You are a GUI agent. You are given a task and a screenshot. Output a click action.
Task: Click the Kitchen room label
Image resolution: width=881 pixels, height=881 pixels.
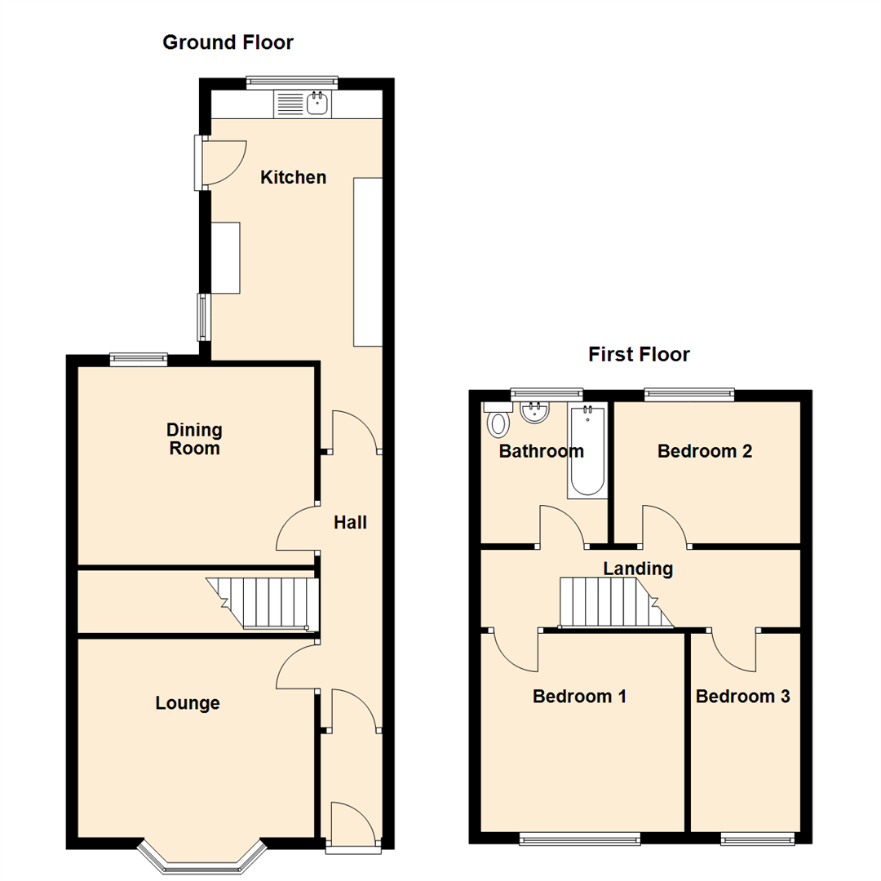[293, 177]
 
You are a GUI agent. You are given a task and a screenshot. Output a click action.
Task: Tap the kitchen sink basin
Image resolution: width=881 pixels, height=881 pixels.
[317, 104]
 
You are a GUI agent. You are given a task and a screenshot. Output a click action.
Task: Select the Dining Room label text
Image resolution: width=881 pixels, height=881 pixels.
[194, 438]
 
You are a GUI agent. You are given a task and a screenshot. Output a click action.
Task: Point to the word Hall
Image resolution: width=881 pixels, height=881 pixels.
[350, 522]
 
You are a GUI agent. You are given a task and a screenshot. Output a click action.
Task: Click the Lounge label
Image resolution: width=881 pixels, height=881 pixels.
[188, 702]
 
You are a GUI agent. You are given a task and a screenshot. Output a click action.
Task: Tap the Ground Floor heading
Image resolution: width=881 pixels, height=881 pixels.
[228, 42]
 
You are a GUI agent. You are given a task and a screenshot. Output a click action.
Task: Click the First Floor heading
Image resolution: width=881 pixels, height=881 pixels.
[639, 354]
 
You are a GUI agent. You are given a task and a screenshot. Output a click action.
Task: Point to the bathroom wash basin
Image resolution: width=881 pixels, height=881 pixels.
[535, 414]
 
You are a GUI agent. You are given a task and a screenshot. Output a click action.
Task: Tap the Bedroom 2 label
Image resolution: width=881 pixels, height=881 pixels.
[704, 450]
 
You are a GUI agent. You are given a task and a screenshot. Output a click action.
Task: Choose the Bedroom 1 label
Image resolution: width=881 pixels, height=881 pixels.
[579, 697]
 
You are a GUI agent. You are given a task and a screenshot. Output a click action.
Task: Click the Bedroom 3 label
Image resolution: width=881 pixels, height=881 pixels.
[742, 697]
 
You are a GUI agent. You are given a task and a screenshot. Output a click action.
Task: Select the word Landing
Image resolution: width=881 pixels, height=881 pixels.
[638, 569]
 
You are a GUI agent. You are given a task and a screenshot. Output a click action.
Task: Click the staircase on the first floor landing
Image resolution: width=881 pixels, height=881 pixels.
[616, 603]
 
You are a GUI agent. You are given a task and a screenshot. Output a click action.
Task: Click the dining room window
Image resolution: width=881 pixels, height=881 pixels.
[139, 357]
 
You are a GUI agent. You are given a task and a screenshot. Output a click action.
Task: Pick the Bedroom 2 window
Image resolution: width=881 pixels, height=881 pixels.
[689, 395]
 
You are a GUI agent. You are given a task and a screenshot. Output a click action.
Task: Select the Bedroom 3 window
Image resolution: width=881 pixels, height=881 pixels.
[758, 837]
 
